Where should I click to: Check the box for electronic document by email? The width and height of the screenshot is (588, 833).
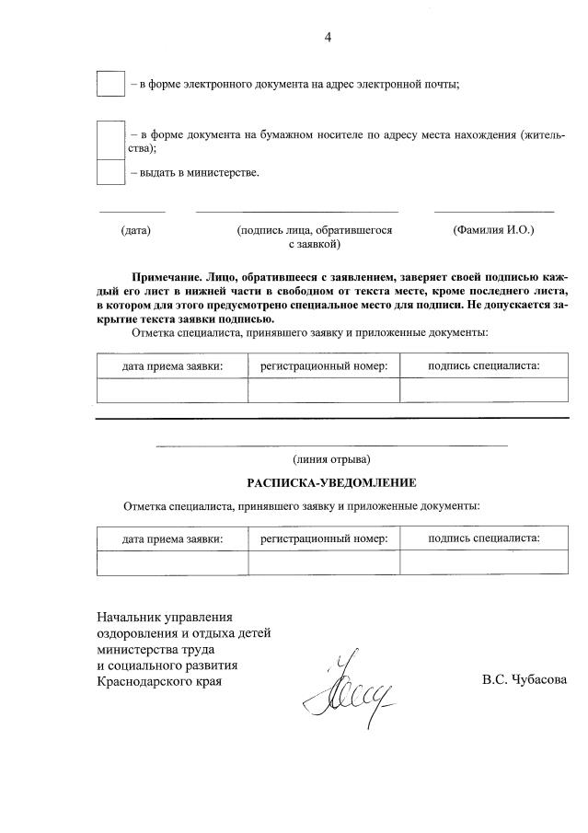pyautogui.click(x=110, y=83)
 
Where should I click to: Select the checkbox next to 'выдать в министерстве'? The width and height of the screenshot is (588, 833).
pyautogui.click(x=110, y=172)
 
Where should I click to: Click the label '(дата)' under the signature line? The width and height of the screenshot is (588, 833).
pyautogui.click(x=136, y=230)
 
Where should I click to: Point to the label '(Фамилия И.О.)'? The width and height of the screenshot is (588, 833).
pyautogui.click(x=493, y=230)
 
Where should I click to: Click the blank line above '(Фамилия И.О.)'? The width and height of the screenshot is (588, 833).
pyautogui.click(x=493, y=211)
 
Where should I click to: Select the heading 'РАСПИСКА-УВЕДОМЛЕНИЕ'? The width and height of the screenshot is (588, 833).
pyautogui.click(x=331, y=482)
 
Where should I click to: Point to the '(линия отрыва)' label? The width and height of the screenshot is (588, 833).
pyautogui.click(x=331, y=458)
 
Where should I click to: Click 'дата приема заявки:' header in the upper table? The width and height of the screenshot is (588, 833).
pyautogui.click(x=173, y=366)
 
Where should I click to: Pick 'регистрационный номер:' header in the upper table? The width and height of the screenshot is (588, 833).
pyautogui.click(x=324, y=366)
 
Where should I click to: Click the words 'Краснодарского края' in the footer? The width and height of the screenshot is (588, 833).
pyautogui.click(x=160, y=681)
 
